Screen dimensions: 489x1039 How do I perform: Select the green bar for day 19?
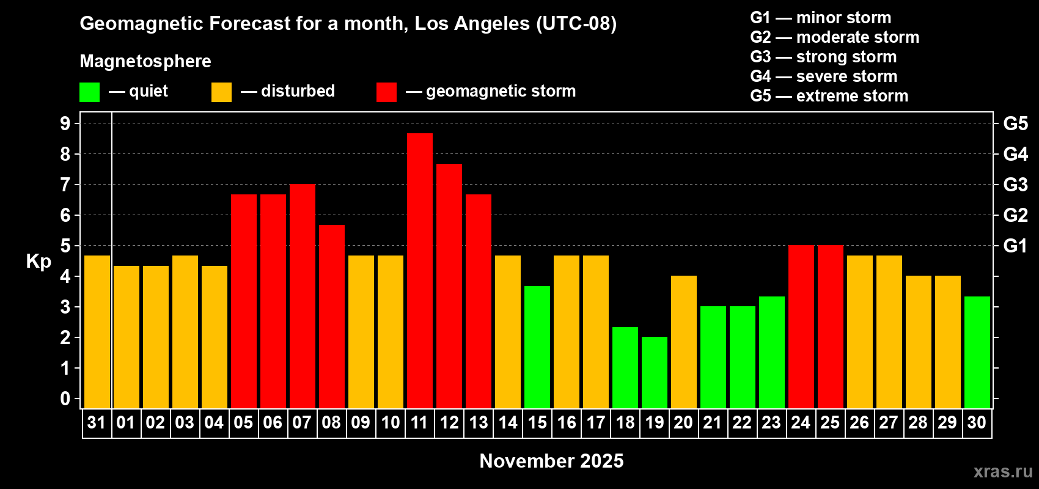(655, 372)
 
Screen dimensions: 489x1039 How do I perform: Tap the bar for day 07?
(303, 296)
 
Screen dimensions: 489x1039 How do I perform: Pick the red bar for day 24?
(801, 326)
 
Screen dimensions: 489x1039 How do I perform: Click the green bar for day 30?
(977, 352)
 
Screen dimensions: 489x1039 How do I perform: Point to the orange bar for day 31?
(97, 331)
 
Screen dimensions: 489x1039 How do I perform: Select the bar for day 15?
(537, 347)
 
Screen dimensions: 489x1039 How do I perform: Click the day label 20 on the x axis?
(683, 422)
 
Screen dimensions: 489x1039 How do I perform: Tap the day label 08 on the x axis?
(331, 422)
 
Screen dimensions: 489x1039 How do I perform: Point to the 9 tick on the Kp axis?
(65, 123)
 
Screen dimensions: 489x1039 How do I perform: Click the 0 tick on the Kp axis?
(65, 399)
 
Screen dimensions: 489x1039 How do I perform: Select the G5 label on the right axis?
(1015, 123)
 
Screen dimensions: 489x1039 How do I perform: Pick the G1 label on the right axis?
(1015, 246)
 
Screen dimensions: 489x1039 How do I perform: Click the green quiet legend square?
(89, 92)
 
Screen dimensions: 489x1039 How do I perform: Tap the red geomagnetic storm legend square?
(386, 92)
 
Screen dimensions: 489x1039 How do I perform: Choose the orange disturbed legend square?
(221, 92)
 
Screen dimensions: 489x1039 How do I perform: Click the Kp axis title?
(39, 261)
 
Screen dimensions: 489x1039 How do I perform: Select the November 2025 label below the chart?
(551, 461)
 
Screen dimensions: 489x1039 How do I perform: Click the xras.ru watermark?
(1003, 471)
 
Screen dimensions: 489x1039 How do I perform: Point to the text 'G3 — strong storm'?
(823, 57)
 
